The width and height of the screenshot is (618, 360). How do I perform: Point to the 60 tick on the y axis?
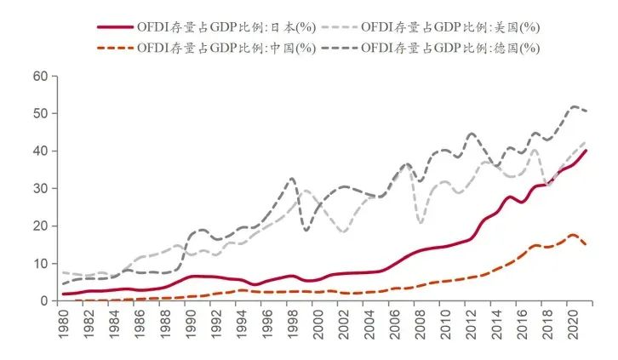[40, 76]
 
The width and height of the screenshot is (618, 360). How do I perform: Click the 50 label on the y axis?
[40, 113]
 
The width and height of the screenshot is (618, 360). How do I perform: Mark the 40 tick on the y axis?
[40, 151]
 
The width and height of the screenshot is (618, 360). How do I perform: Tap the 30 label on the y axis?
[40, 188]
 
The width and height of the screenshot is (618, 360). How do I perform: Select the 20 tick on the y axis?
[40, 226]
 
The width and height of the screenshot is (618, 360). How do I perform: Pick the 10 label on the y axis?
[40, 263]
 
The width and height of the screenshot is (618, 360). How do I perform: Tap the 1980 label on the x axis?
[63, 324]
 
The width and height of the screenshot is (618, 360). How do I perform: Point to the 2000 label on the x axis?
[319, 324]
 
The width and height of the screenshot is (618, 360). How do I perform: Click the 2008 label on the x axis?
[421, 324]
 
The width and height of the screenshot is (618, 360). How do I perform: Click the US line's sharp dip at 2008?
[421, 222]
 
